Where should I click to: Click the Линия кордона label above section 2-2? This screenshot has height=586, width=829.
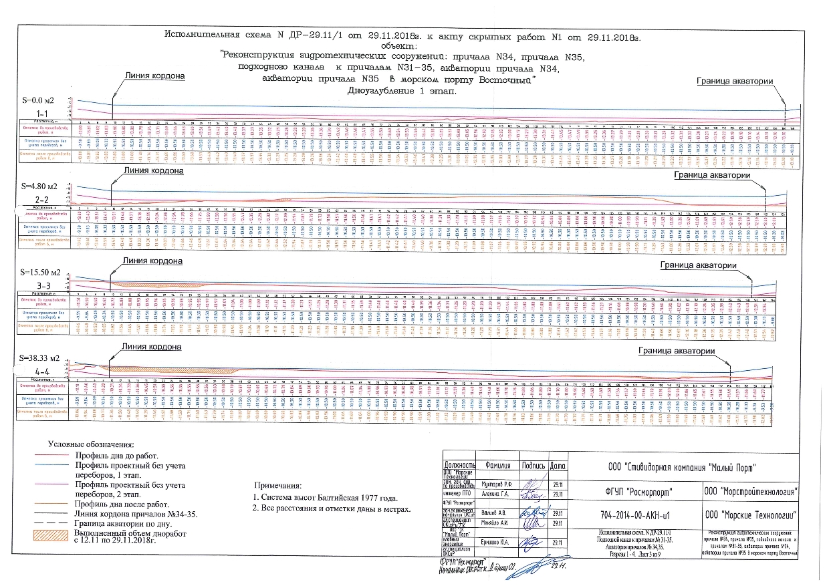[153, 171]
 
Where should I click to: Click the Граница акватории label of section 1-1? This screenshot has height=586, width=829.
[735, 81]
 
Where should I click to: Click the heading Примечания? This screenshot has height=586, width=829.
[277, 485]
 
